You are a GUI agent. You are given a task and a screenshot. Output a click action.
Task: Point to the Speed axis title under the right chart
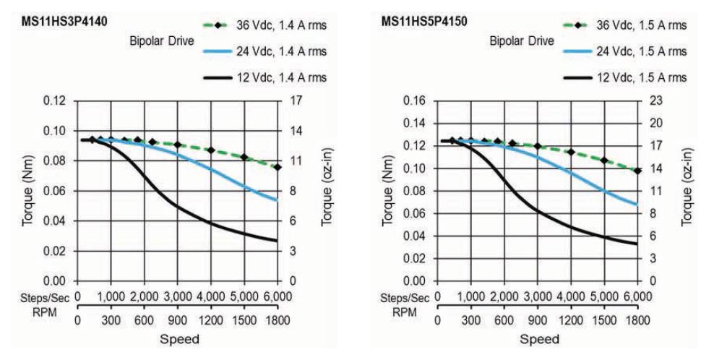tap(538, 338)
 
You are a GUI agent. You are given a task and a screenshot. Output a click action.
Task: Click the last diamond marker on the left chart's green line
tap(278, 168)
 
